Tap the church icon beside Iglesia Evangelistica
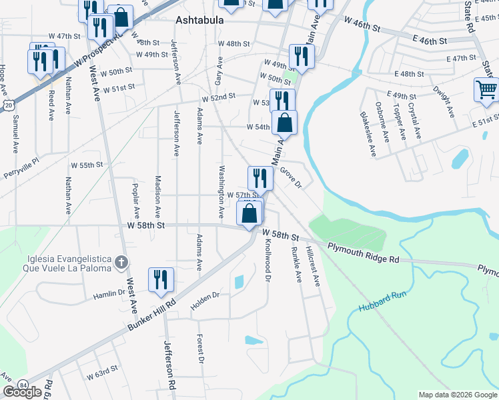point(120,261)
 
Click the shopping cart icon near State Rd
point(486,90)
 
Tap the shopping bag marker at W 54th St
point(284,123)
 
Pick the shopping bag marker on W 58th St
point(249,214)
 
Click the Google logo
point(22,392)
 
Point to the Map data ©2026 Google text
point(458,395)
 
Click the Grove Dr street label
point(291,178)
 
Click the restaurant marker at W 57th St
point(260,178)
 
